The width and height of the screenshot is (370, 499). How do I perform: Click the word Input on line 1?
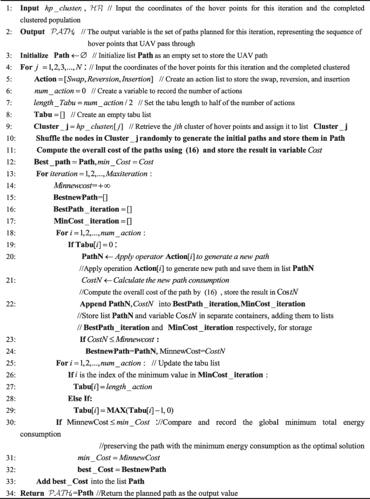coord(30,9)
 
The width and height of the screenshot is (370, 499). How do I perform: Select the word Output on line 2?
coord(32,32)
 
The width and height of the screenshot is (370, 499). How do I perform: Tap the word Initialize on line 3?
coord(36,55)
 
